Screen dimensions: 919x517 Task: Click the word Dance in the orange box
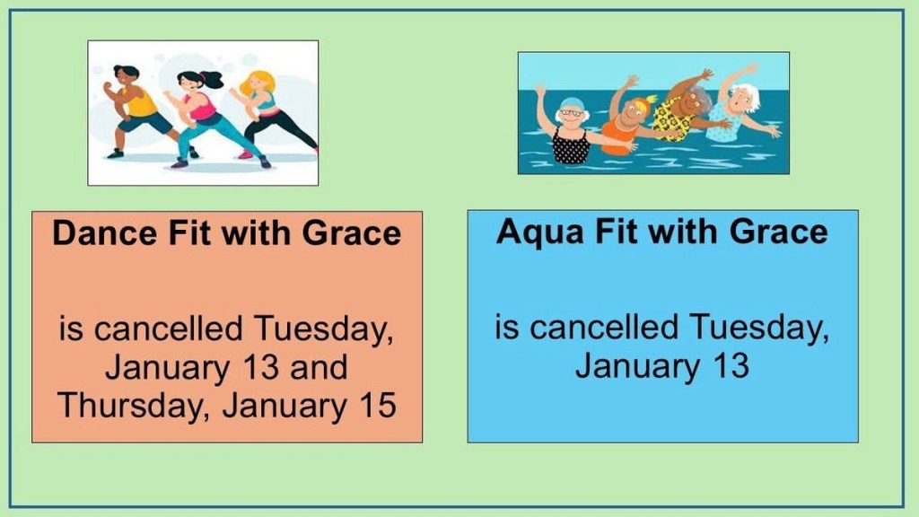pos(104,232)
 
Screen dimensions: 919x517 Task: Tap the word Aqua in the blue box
pos(539,232)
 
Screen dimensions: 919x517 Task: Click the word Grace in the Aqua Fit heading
pos(778,232)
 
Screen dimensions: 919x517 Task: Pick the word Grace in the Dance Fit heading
pos(352,232)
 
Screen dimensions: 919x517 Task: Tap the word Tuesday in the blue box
pos(759,329)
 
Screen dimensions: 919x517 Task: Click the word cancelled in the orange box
pos(168,329)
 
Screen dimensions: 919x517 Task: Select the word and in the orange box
pos(319,367)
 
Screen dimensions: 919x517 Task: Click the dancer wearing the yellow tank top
pos(136,111)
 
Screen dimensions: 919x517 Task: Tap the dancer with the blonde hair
pos(275,112)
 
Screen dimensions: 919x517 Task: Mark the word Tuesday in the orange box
pos(323,329)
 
